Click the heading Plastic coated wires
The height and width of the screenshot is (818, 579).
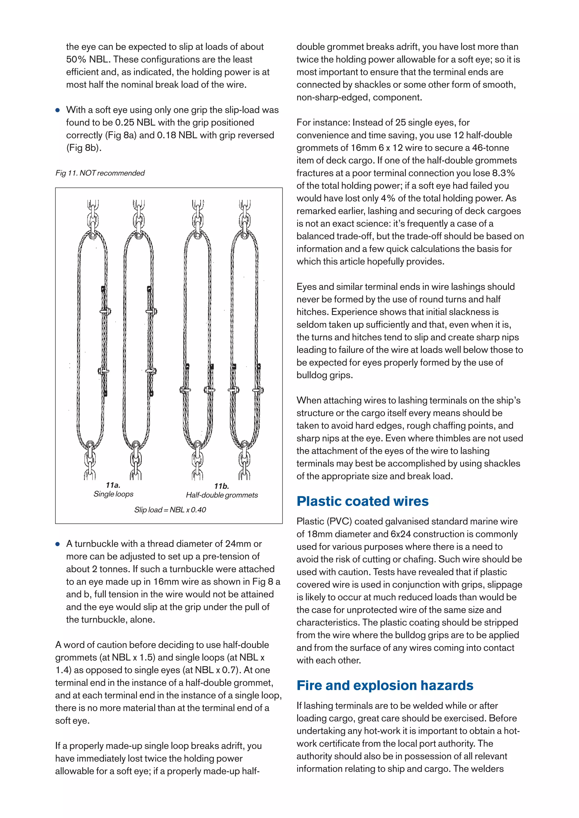[362, 501]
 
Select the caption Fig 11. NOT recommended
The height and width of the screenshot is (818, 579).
[100, 173]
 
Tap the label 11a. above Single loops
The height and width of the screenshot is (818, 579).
[113, 485]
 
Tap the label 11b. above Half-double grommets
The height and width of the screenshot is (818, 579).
[222, 486]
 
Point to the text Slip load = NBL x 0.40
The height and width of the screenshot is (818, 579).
[170, 510]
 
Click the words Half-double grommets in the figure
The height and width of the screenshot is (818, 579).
[222, 495]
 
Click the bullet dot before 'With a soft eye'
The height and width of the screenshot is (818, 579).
[58, 110]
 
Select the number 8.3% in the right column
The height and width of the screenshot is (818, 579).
[503, 173]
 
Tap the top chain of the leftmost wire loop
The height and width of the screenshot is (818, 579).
[92, 214]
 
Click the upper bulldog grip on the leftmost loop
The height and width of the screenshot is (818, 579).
[105, 311]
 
